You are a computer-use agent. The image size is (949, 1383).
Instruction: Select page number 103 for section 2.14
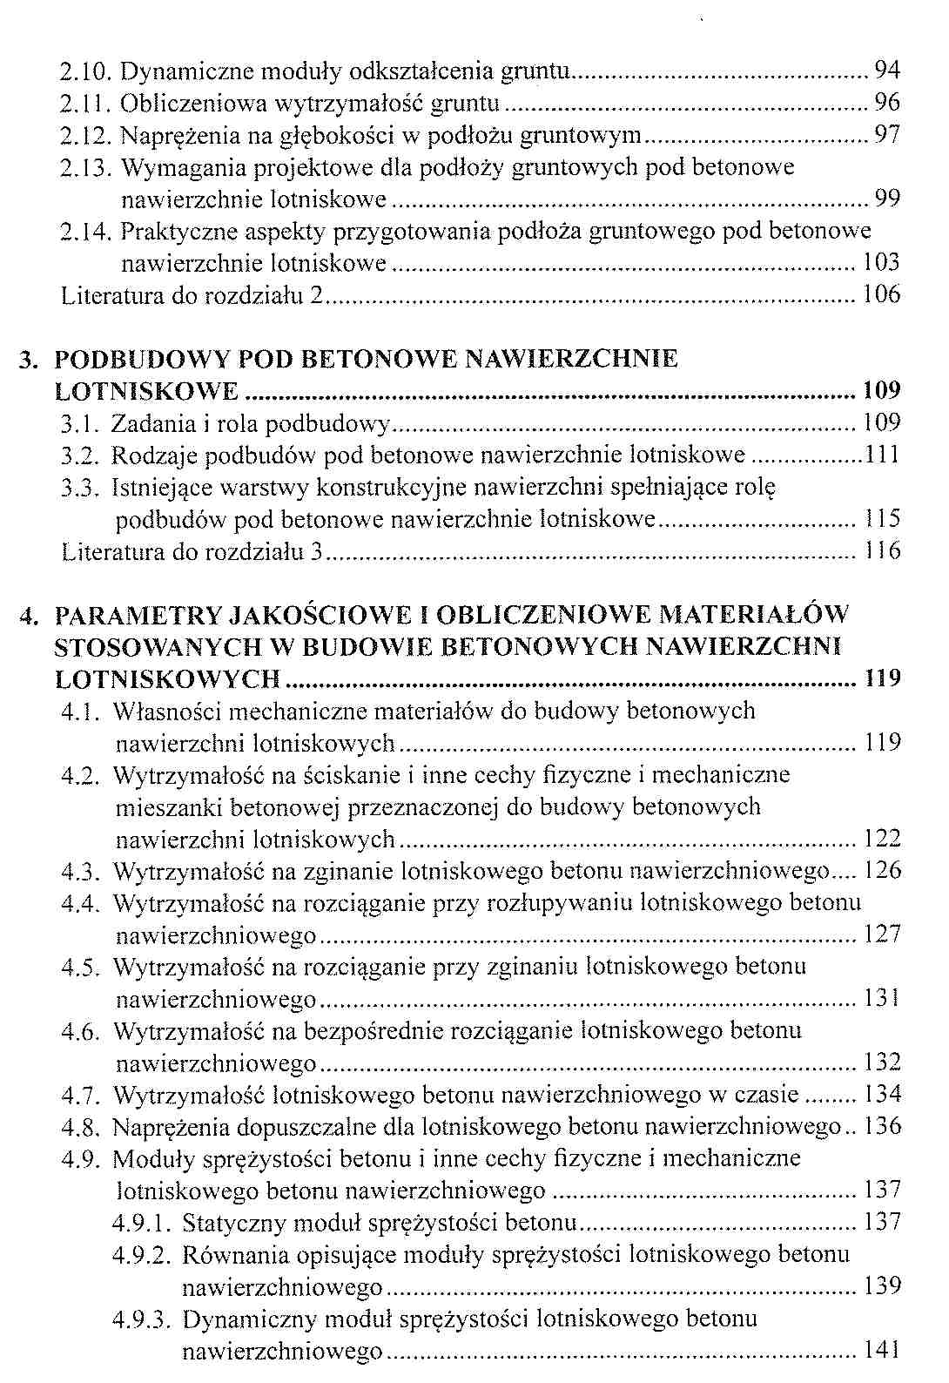coord(880,263)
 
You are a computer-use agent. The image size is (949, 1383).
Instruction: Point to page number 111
coord(881,455)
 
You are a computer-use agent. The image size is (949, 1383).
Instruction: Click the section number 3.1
coord(80,424)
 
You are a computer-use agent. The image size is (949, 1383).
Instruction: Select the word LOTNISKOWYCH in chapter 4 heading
coord(167,679)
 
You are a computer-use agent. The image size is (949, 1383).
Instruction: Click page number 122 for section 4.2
coord(882,839)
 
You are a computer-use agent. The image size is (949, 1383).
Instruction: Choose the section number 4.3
coord(81,871)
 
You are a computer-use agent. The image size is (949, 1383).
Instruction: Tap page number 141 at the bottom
coord(881,1351)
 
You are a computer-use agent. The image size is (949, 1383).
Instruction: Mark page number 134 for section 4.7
coord(882,1095)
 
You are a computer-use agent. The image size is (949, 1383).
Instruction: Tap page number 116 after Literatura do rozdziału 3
coord(882,551)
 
